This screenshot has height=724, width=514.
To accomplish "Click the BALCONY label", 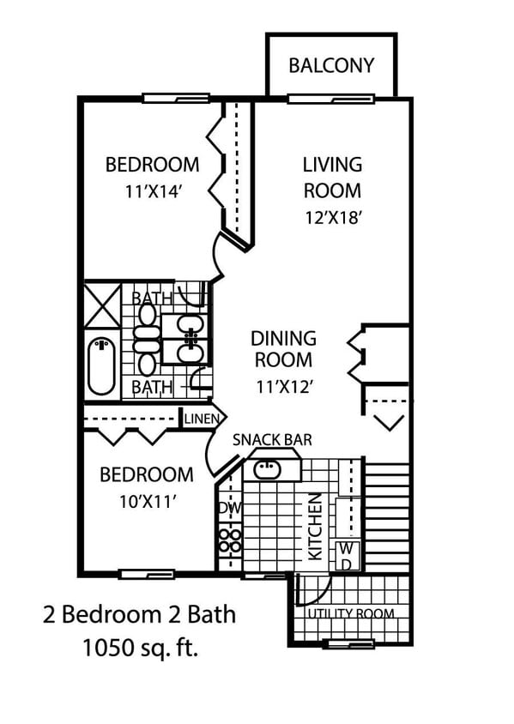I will pyautogui.click(x=330, y=66).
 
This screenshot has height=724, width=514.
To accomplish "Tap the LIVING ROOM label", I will pyautogui.click(x=332, y=177).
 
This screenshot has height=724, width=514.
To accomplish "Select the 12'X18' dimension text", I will pyautogui.click(x=332, y=217).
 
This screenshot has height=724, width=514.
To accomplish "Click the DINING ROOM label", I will pyautogui.click(x=283, y=349).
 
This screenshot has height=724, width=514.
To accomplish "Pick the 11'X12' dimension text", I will pyautogui.click(x=283, y=386).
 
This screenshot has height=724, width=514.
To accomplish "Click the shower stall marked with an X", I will pyautogui.click(x=102, y=304).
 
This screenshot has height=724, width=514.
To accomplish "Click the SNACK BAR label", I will pyautogui.click(x=272, y=440).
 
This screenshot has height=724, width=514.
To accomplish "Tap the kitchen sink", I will pyautogui.click(x=268, y=469).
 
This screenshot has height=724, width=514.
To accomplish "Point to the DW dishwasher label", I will pyautogui.click(x=229, y=508).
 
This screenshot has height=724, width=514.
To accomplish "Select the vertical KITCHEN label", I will pyautogui.click(x=315, y=526).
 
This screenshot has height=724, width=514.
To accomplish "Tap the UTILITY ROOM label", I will pyautogui.click(x=350, y=613).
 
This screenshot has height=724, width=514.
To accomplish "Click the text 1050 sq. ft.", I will pyautogui.click(x=140, y=648).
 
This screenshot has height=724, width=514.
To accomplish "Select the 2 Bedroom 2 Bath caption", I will pyautogui.click(x=139, y=614).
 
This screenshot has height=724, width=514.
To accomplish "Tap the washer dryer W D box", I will pyautogui.click(x=347, y=555).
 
